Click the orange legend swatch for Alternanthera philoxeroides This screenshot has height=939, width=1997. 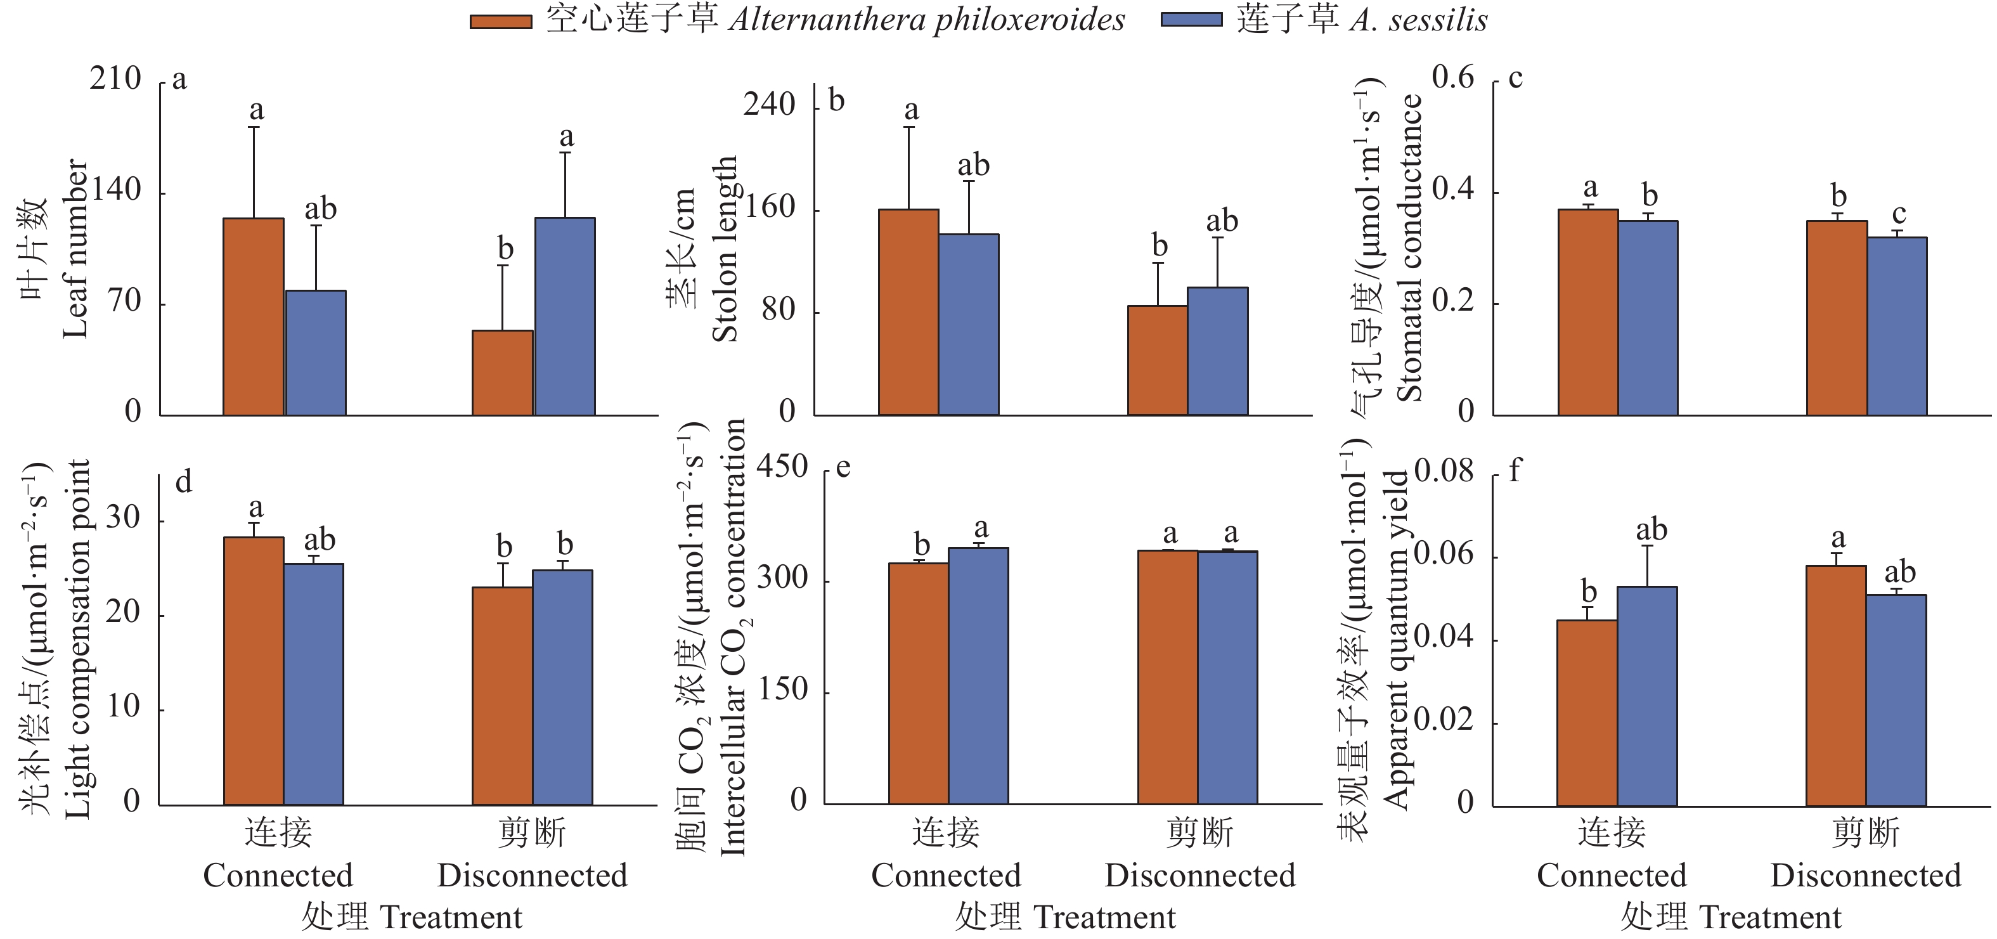(x=501, y=22)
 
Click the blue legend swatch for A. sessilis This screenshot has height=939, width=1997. (x=1191, y=20)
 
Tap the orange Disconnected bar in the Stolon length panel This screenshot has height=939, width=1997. (x=1158, y=361)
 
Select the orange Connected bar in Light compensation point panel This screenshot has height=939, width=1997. (x=254, y=671)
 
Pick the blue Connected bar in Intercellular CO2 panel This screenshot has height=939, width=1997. (x=978, y=675)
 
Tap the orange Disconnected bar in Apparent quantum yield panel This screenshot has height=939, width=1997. (x=1836, y=685)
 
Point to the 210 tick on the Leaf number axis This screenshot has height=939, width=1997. (x=115, y=79)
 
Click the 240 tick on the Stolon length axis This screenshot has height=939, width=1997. (x=769, y=105)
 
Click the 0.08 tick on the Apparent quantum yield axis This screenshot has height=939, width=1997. (x=1444, y=470)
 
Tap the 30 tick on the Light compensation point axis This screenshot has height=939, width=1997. (x=123, y=517)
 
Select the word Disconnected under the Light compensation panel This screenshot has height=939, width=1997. (x=532, y=876)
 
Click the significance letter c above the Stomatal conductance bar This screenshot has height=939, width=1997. (x=1899, y=214)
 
